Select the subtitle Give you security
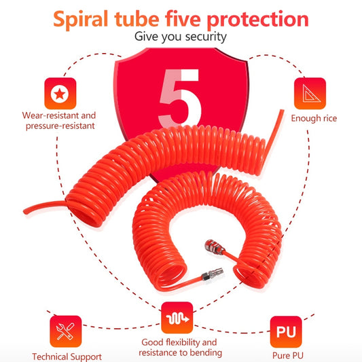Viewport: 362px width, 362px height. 180,37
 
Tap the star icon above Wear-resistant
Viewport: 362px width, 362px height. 60,94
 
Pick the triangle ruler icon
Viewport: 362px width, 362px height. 310,94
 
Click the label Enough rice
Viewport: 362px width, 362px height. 314,119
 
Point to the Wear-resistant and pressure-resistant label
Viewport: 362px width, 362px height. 60,120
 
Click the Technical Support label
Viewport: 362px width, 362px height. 67,357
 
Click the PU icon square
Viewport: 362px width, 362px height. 286,332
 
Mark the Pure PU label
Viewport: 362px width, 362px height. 286,356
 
